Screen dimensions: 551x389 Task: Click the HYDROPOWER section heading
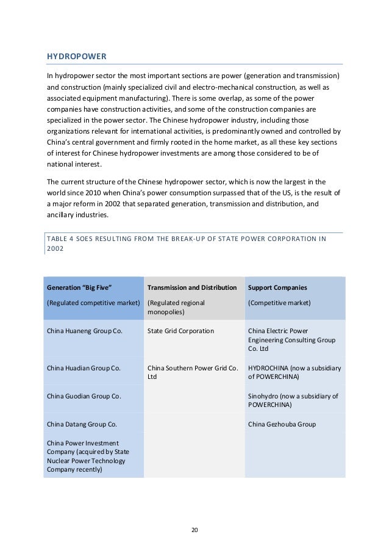tap(77, 57)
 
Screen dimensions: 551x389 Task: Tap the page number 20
tap(194, 529)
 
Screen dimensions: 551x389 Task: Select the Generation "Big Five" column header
tap(79, 287)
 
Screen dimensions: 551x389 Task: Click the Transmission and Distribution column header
tap(191, 287)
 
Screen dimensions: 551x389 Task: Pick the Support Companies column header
tap(277, 287)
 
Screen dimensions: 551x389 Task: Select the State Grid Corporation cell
tap(180, 331)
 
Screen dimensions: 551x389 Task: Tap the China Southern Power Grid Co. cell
tap(192, 372)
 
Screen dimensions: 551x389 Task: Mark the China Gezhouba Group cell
tap(282, 423)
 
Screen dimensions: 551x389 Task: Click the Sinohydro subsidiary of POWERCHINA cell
tap(293, 400)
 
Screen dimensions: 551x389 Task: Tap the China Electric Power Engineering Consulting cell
tap(291, 340)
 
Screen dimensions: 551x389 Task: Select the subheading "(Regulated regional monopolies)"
tap(176, 307)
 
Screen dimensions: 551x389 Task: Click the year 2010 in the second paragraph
tap(88, 193)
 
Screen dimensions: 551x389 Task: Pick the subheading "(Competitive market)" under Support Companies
tap(279, 303)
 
